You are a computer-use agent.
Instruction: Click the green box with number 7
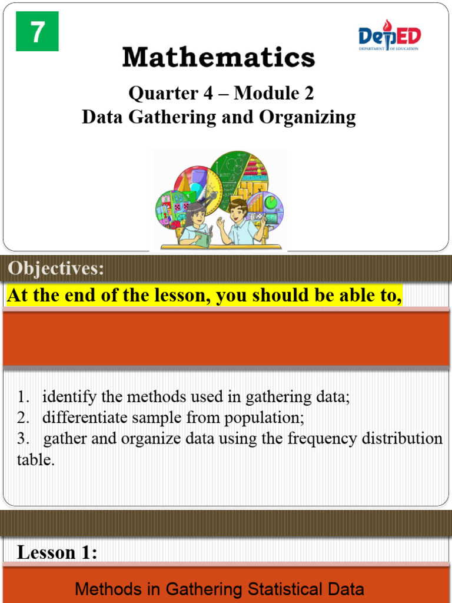37,32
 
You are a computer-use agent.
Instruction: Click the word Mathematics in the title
219,58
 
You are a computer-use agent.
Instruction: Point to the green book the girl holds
202,238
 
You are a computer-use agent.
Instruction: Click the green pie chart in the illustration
272,203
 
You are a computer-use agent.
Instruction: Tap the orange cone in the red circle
187,183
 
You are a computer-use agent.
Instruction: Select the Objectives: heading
56,269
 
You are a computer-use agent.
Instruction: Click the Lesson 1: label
57,552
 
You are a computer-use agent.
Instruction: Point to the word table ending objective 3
35,460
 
